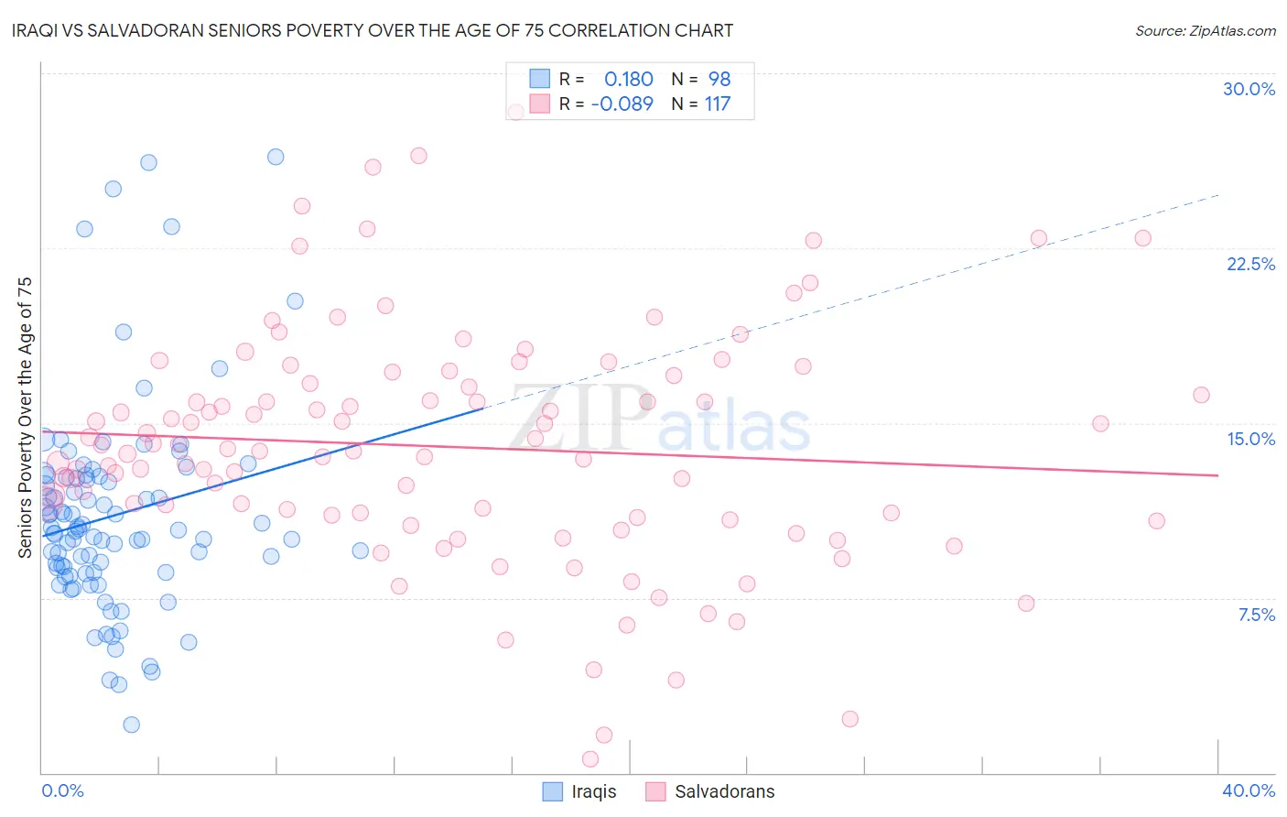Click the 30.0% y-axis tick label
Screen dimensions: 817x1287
[1249, 90]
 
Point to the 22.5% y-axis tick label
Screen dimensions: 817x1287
[1250, 264]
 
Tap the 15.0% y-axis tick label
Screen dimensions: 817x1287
[1250, 439]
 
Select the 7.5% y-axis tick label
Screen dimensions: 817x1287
[1256, 615]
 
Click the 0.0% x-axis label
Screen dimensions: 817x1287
[62, 790]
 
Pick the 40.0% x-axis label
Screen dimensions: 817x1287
[1249, 790]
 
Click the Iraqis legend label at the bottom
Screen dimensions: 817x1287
[594, 791]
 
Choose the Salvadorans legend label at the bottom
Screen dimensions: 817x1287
[724, 791]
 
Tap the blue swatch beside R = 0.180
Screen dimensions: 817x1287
[540, 79]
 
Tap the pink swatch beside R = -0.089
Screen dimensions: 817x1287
[540, 103]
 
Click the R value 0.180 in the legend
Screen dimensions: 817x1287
[629, 79]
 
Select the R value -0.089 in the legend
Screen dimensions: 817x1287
[622, 103]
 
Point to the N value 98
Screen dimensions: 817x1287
[719, 79]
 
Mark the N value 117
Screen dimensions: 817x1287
[718, 103]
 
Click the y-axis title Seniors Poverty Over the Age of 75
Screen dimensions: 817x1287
[26, 417]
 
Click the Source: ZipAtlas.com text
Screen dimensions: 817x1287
[1205, 30]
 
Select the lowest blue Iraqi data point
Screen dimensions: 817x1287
[131, 724]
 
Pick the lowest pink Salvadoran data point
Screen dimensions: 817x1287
[590, 758]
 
